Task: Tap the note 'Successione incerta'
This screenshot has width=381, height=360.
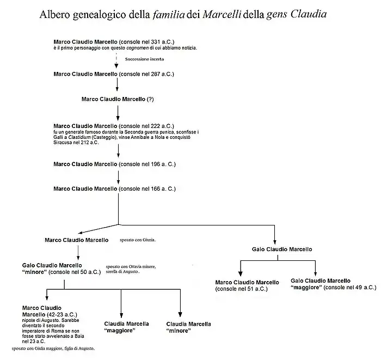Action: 144,59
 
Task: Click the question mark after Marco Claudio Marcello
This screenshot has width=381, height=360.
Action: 151,99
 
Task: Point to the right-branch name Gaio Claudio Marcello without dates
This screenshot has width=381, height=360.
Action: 282,249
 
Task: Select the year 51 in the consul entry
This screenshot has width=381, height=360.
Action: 245,289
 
